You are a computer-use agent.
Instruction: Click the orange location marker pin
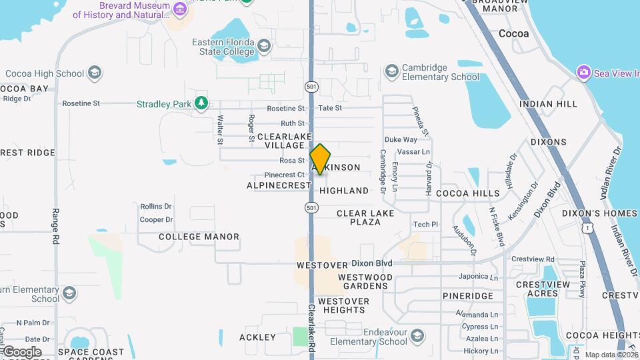click(x=321, y=159)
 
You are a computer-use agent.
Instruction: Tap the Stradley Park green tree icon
click(x=200, y=103)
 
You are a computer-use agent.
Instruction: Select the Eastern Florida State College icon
click(x=264, y=46)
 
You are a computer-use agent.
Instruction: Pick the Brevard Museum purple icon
click(x=179, y=9)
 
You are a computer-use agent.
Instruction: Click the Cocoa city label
click(x=513, y=33)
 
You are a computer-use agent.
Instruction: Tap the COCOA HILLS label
click(x=467, y=193)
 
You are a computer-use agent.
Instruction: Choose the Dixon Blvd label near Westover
click(x=372, y=263)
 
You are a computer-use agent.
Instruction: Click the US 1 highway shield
click(x=587, y=228)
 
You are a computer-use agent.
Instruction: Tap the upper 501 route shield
click(x=311, y=87)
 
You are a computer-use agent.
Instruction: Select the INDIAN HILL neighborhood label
click(x=548, y=105)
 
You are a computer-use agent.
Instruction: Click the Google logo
click(x=22, y=351)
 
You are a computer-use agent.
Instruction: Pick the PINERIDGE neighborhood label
click(x=467, y=295)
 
